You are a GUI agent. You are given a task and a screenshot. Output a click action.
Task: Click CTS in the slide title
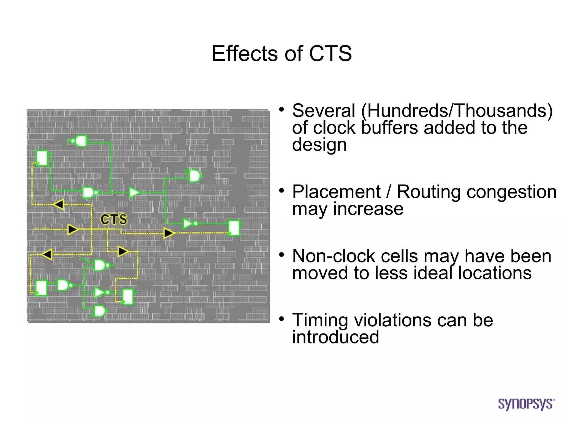[330, 53]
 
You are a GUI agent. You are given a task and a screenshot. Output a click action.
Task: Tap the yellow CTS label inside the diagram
[114, 219]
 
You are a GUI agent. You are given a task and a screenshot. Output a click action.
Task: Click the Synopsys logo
[526, 404]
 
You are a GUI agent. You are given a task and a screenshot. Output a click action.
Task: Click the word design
[319, 145]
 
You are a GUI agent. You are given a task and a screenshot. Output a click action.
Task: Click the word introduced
[335, 337]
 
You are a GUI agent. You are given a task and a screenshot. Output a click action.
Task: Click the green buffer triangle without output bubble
[134, 192]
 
